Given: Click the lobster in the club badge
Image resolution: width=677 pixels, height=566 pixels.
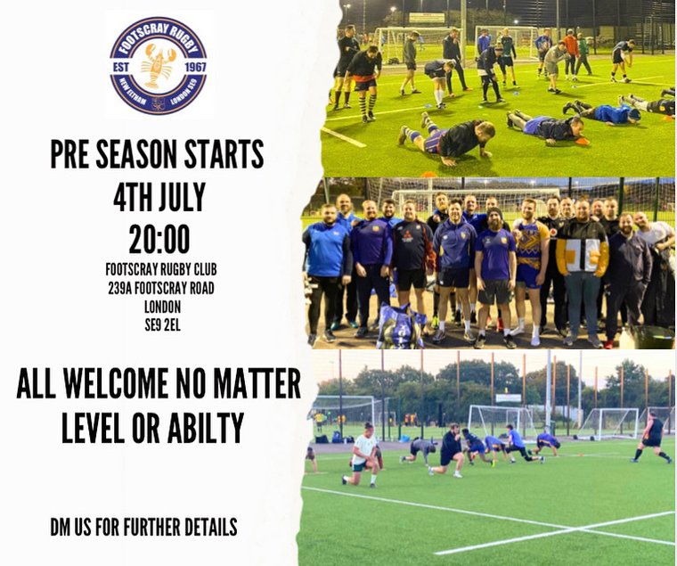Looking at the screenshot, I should (158, 65).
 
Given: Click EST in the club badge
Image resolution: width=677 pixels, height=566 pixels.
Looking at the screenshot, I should (126, 65).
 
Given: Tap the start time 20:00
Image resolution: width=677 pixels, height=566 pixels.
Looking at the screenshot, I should (159, 239).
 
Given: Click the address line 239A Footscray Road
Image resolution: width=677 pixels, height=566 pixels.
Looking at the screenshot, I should (159, 288).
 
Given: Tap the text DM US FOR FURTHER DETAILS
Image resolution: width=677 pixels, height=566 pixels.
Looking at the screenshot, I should (143, 527).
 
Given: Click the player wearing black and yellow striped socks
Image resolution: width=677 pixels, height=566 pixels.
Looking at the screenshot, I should (364, 80).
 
